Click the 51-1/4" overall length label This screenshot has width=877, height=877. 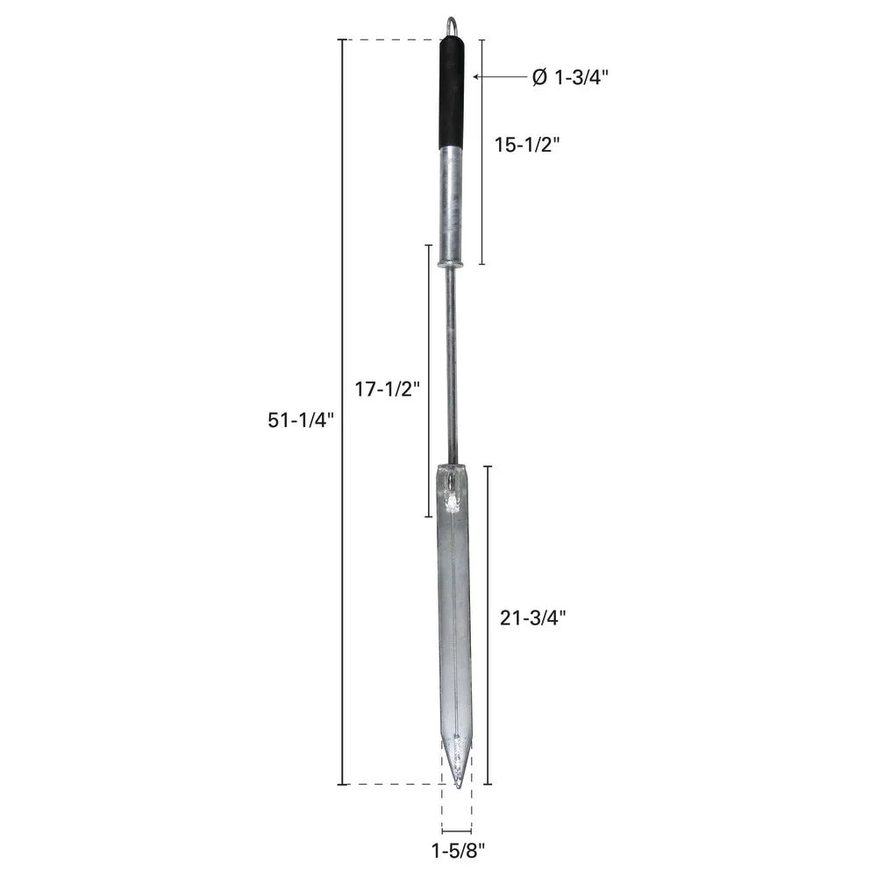click(300, 419)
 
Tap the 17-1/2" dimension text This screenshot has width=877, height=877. click(387, 389)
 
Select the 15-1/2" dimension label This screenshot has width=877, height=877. click(527, 145)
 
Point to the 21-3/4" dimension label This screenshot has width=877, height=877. click(533, 618)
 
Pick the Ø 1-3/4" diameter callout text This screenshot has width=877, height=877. click(570, 77)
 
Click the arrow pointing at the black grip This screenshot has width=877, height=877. click(500, 76)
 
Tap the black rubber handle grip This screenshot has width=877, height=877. click(452, 93)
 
